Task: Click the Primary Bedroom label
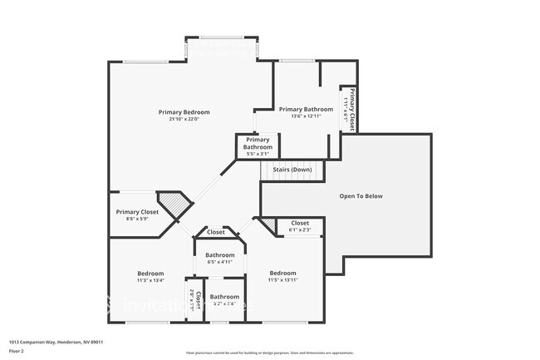point(184,111)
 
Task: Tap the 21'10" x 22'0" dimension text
point(184,119)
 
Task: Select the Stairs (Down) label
point(292,169)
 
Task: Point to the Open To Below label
point(361,196)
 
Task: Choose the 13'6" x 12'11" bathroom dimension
point(306,116)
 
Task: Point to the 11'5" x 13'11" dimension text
point(282,279)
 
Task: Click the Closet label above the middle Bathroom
point(216,232)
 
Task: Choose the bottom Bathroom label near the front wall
point(224,297)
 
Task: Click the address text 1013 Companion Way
point(56,342)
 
